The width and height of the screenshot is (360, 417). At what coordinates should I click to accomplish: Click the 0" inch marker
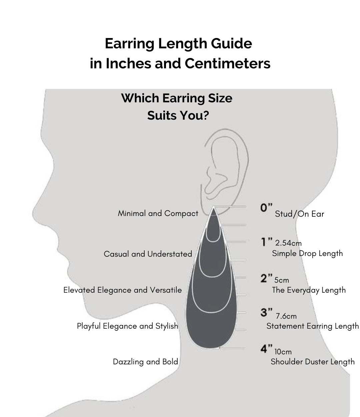click(266, 207)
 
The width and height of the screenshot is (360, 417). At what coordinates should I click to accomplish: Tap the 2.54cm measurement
click(288, 243)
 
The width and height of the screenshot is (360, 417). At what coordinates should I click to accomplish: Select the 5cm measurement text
click(282, 280)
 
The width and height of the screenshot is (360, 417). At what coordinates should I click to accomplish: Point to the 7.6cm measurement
click(286, 316)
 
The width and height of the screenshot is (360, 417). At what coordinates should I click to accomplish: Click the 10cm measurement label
click(283, 352)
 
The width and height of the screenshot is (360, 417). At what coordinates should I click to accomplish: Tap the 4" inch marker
click(266, 349)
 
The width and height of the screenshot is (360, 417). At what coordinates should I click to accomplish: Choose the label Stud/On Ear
click(299, 214)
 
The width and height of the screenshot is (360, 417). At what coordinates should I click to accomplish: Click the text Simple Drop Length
click(307, 254)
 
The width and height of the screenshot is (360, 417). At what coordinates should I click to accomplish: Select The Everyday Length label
click(309, 290)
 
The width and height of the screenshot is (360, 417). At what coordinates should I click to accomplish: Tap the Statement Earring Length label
click(313, 326)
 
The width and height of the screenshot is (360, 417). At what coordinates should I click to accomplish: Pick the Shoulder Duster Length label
click(313, 362)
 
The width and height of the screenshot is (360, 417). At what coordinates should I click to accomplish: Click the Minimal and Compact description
click(158, 213)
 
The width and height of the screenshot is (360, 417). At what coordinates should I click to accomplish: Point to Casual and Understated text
click(148, 254)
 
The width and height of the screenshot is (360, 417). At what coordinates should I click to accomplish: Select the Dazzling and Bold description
click(145, 362)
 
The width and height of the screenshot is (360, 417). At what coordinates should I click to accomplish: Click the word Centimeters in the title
click(227, 63)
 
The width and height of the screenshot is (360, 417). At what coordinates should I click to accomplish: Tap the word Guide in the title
click(231, 43)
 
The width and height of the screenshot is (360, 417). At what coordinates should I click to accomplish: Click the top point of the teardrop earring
click(213, 207)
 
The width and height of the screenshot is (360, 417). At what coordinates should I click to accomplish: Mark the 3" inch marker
click(266, 313)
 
